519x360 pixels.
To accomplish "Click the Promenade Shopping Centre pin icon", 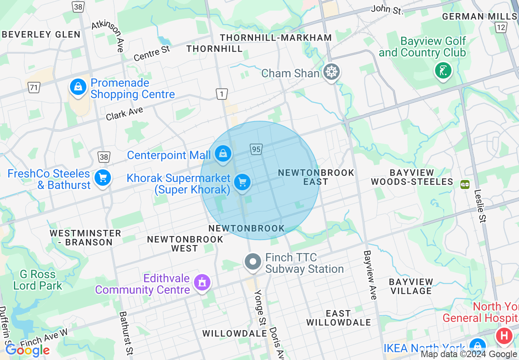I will tap(78, 87).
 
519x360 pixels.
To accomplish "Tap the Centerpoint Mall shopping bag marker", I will tap(223, 154).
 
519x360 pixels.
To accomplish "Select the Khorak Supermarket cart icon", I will tap(242, 182).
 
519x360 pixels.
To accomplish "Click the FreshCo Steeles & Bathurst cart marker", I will tap(102, 178).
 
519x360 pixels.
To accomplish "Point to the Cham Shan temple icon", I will tap(331, 72).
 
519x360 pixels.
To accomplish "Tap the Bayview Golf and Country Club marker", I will tap(442, 70).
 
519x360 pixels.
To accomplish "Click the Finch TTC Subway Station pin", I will tap(253, 262).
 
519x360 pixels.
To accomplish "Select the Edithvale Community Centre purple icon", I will tap(202, 282).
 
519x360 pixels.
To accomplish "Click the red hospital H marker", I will tap(504, 336).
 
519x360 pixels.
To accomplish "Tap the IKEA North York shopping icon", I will tap(477, 346).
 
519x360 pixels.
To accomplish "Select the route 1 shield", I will tap(221, 94).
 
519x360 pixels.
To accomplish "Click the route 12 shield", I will tap(501, 27).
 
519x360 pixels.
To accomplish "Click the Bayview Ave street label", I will tap(370, 275).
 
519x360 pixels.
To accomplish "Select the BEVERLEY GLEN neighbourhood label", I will tap(41, 34).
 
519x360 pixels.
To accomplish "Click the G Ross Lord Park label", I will tap(38, 280).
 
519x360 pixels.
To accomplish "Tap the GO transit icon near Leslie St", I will tap(465, 184).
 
